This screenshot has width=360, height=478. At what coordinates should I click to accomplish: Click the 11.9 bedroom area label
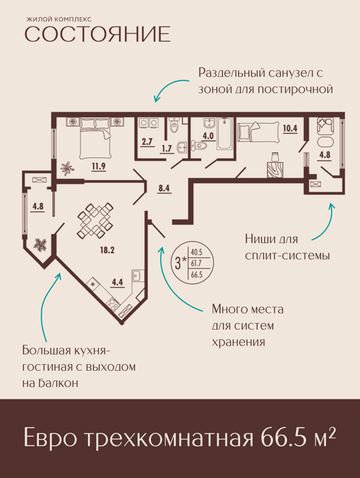tap(98, 167)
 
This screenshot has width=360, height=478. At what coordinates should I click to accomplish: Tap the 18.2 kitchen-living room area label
tap(107, 251)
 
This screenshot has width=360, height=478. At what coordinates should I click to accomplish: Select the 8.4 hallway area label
tap(164, 188)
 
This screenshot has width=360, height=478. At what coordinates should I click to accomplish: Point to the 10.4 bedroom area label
tap(290, 128)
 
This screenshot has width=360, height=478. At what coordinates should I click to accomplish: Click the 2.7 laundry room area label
tap(147, 142)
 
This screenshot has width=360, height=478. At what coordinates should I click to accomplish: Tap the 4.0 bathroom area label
tap(208, 136)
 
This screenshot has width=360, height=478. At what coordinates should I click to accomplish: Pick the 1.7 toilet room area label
tap(167, 148)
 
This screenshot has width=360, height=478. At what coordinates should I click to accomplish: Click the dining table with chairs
tap(95, 221)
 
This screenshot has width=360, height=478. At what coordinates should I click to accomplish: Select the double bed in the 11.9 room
tap(95, 139)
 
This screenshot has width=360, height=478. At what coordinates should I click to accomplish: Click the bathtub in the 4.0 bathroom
tap(225, 134)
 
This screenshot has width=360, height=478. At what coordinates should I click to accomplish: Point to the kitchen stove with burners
tap(113, 304)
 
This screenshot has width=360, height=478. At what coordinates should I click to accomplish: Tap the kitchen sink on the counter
tap(137, 276)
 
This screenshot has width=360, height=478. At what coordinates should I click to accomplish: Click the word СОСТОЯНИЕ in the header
tap(97, 34)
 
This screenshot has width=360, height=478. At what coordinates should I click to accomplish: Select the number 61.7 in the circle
tap(197, 263)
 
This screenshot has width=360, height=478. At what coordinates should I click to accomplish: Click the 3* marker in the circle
tap(180, 263)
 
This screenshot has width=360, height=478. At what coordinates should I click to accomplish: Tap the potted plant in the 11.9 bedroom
tap(67, 169)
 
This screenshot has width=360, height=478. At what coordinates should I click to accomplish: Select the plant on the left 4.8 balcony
tap(40, 244)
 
